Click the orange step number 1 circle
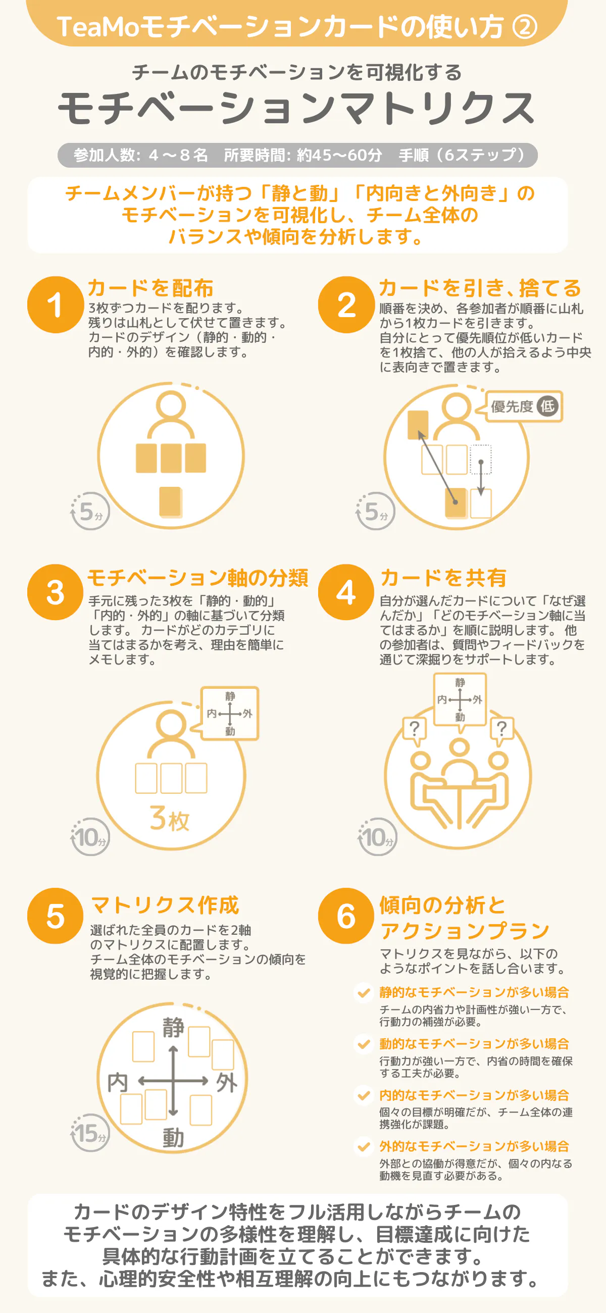56,305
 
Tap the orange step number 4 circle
346,592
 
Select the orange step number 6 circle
346,916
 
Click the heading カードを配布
150,288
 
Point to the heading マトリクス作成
165,905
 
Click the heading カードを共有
443,578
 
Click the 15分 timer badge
90,1133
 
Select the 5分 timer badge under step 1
90,511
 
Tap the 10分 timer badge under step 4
378,836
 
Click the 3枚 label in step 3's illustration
170,818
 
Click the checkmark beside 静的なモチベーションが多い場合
364,992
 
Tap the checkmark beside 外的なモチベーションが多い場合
364,1147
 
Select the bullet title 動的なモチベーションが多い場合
474,1044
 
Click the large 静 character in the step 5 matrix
173,1028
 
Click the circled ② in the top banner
525,26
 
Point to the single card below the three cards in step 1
171,501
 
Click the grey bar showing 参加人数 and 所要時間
297,155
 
